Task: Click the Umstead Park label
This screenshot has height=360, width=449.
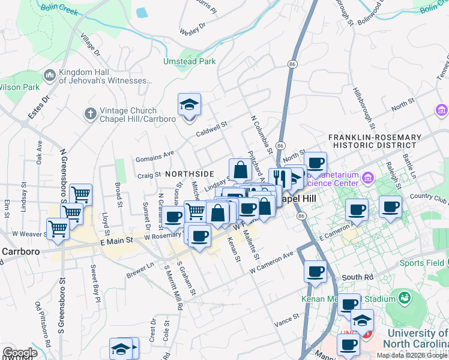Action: coord(189,61)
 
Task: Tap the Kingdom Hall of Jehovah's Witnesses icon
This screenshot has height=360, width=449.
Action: coord(49,76)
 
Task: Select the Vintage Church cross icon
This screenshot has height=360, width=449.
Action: coord(90,114)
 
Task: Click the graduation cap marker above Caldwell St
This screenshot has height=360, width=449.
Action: coord(189,106)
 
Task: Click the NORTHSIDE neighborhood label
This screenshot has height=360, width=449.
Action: coord(189,173)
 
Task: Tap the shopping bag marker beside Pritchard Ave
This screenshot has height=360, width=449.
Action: coord(240,170)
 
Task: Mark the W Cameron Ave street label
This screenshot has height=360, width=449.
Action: coord(272,263)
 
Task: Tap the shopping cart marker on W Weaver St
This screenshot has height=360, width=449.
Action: coord(58,229)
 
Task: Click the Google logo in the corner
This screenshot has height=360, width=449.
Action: coord(20,353)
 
